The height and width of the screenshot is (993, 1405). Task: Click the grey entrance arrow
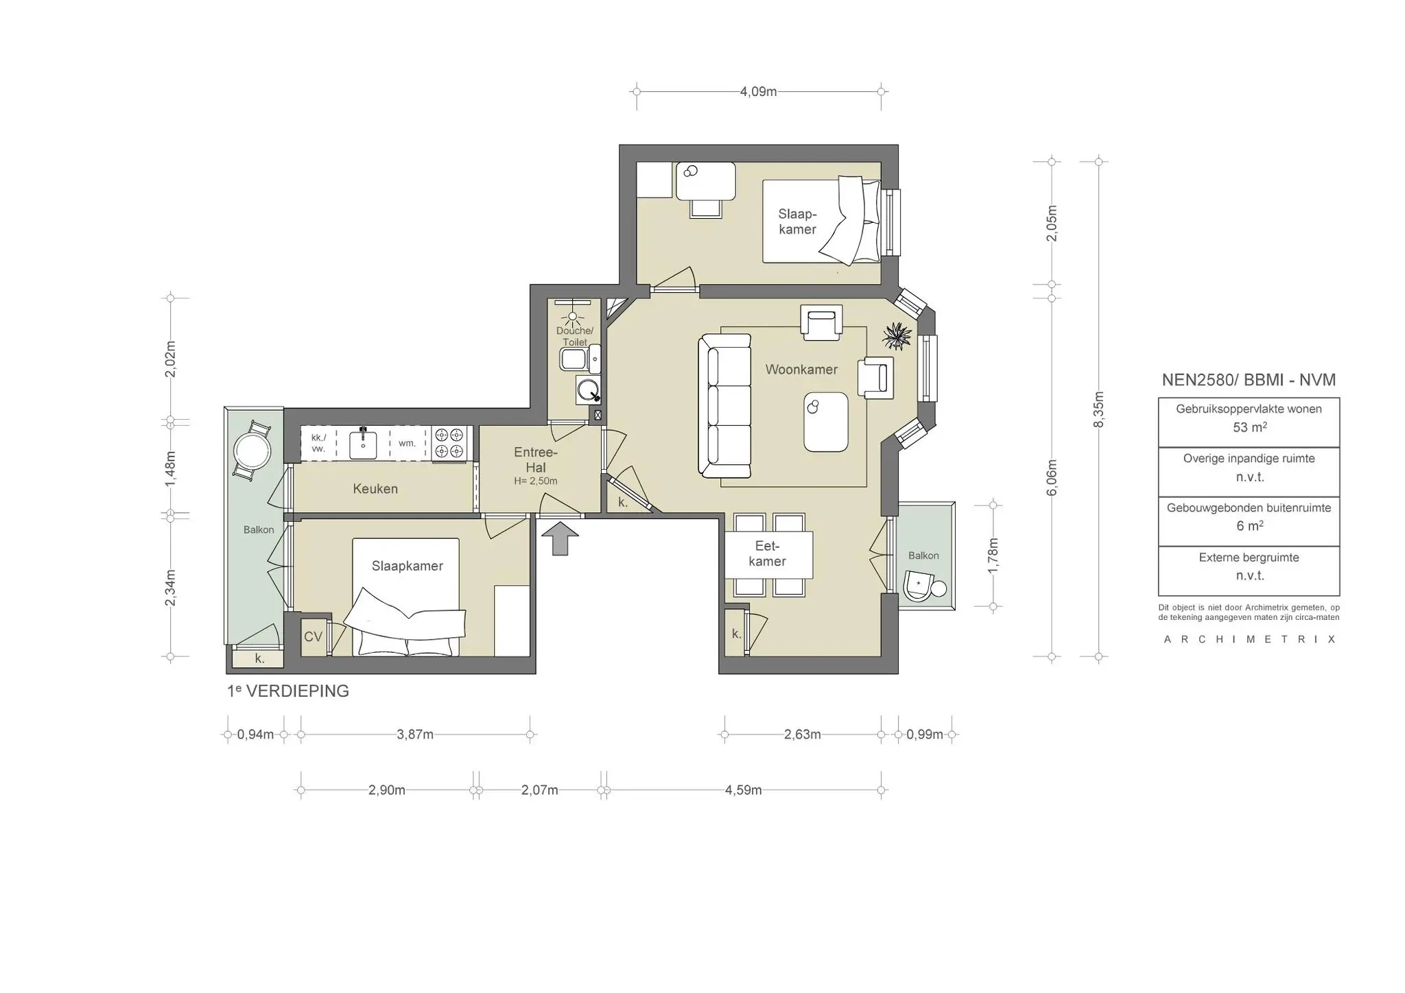tap(560, 538)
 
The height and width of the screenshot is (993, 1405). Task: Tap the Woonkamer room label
tap(801, 370)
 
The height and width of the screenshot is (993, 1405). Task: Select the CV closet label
tap(313, 636)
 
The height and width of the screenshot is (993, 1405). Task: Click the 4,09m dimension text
tap(758, 92)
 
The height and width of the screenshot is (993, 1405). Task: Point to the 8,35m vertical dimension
tap(1098, 409)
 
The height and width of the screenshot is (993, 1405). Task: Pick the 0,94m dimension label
tap(255, 734)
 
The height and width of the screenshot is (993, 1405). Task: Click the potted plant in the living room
tap(897, 336)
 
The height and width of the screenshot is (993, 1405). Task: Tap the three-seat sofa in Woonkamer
tap(724, 406)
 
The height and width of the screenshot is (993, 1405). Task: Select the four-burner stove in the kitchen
tap(449, 443)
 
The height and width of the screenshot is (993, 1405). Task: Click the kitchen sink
tap(363, 443)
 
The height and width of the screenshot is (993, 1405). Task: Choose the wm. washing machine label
tap(408, 443)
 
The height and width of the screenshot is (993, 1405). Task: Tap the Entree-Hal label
tap(536, 460)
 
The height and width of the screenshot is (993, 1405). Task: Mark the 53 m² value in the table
tap(1249, 427)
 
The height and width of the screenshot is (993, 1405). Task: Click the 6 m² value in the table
tap(1249, 526)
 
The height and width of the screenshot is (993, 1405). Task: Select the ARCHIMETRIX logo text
tap(1250, 639)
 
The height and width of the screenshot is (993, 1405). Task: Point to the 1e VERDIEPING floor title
tap(288, 691)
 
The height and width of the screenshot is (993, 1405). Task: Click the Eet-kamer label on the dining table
tap(767, 554)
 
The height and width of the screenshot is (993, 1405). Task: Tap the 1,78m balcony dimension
tap(993, 555)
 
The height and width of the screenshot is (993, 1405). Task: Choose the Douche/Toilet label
tap(574, 337)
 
